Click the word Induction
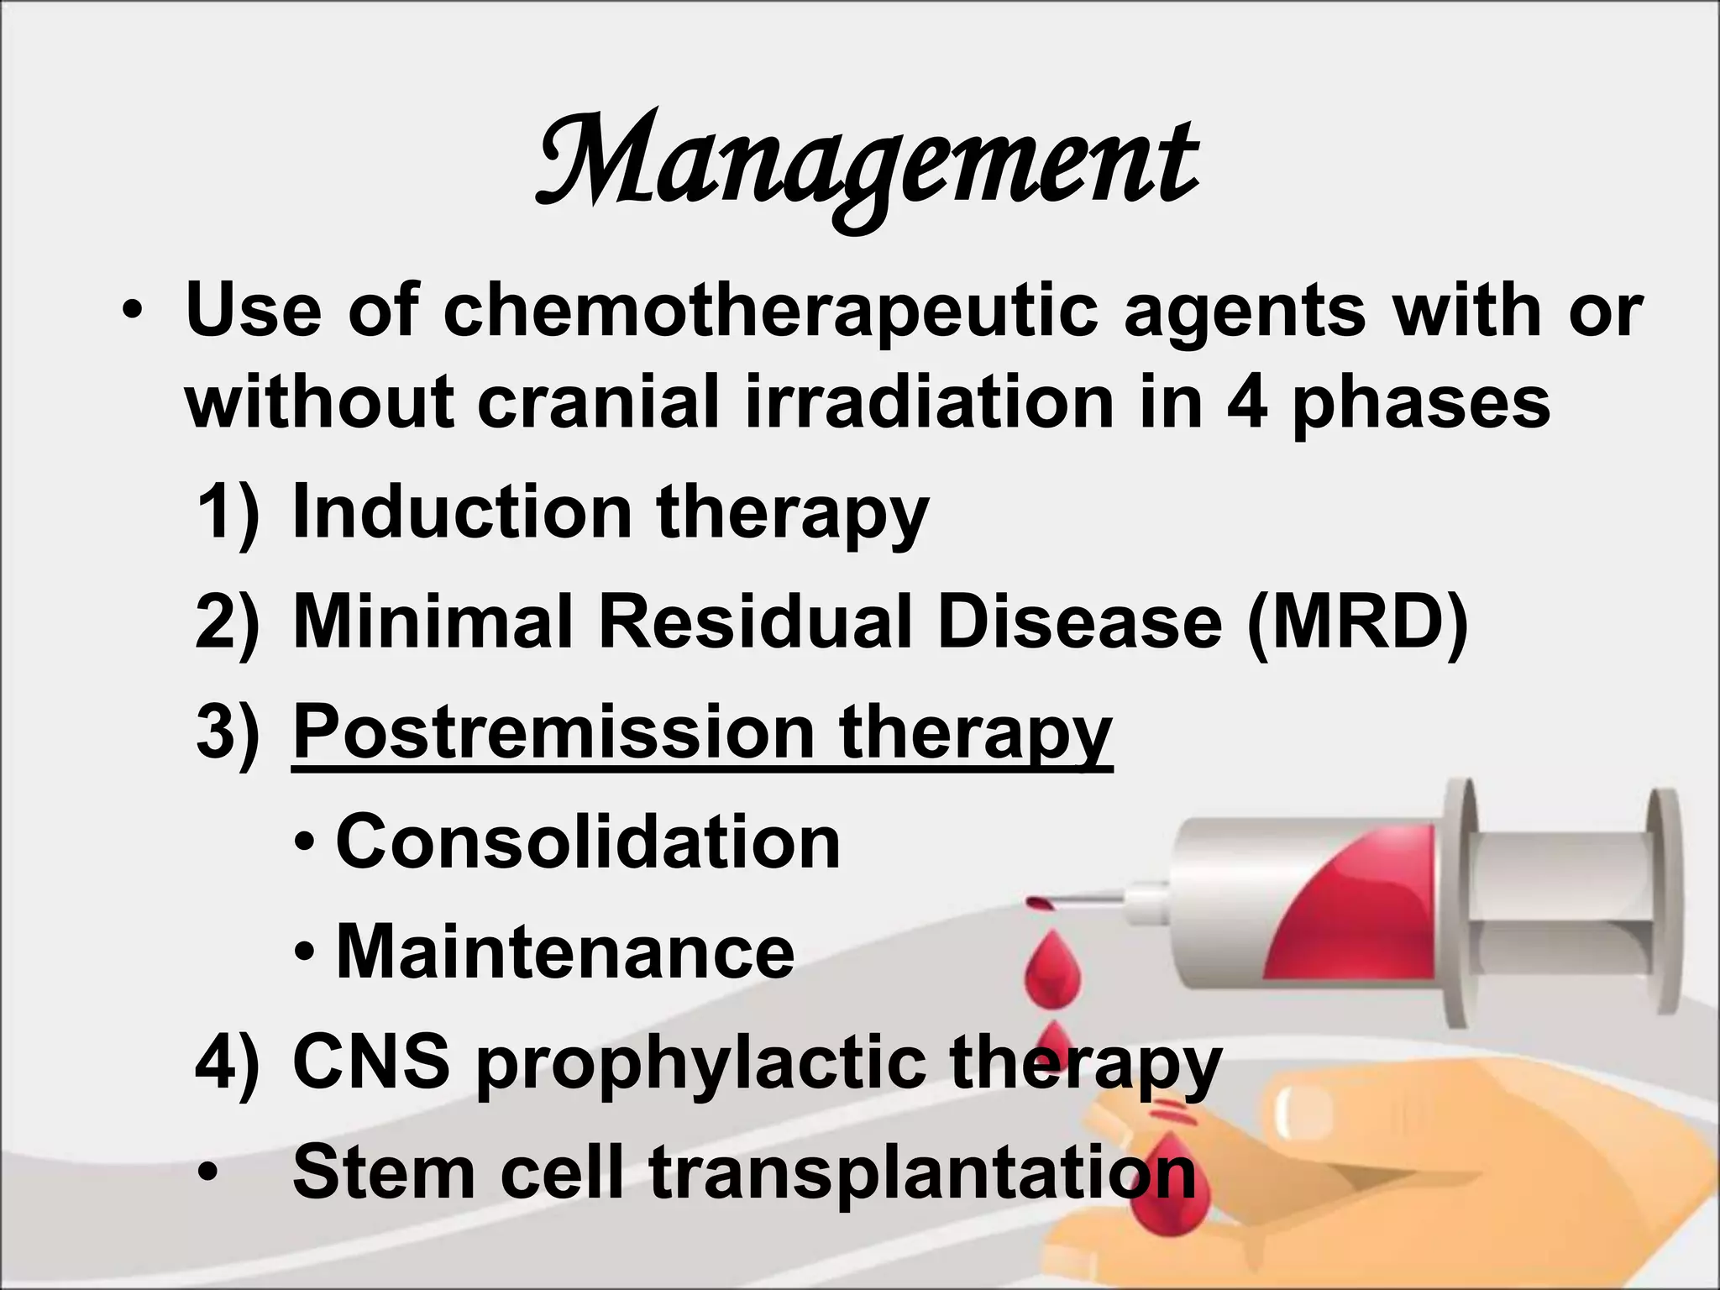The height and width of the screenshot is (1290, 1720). (460, 511)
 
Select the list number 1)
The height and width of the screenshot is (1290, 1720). (227, 511)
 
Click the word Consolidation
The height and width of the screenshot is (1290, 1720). (588, 842)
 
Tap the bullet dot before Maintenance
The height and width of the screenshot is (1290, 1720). (307, 953)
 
